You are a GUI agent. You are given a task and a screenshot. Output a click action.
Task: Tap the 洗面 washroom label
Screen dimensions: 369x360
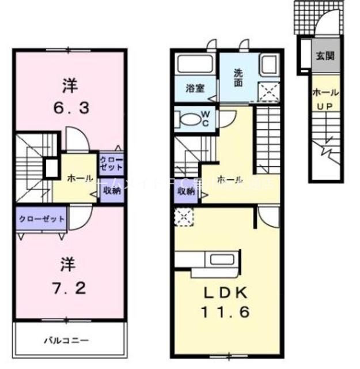pyautogui.click(x=238, y=77)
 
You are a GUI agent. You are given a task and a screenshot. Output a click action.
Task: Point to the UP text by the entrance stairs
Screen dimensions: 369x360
pyautogui.click(x=325, y=106)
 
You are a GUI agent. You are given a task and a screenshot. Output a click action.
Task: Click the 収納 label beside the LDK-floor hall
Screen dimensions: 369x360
pyautogui.click(x=185, y=192)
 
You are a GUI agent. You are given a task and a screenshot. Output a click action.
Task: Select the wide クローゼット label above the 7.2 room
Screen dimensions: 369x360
pyautogui.click(x=40, y=220)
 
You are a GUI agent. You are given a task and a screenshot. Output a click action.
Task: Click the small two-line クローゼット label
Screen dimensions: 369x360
pyautogui.click(x=111, y=163)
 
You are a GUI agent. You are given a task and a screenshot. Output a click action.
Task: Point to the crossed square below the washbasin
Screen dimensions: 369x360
pyautogui.click(x=267, y=92)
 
